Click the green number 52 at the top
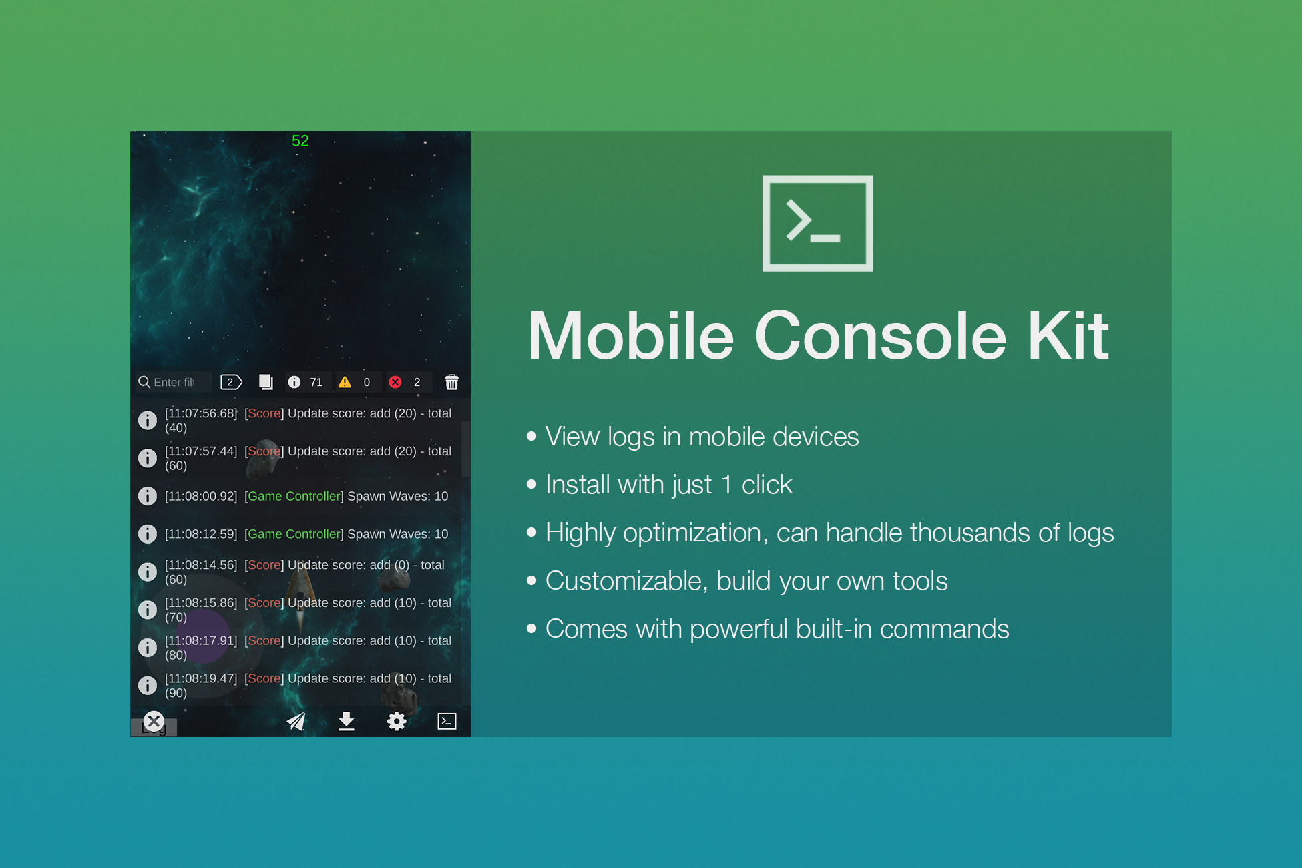300,140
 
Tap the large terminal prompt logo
817,224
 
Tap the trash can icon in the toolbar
452,382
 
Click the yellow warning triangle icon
345,382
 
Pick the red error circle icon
395,382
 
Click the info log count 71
316,382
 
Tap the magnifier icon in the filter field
144,382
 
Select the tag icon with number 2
231,382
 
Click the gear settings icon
397,721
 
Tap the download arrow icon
346,721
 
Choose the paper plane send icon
296,721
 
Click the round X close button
154,721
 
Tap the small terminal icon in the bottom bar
447,721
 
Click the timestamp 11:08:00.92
201,496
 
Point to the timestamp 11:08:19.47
201,678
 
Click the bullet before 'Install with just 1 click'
531,484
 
